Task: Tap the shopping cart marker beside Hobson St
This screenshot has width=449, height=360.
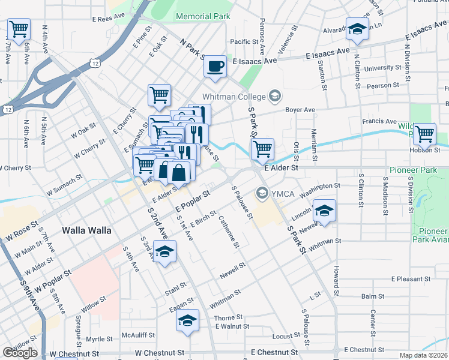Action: coord(425,134)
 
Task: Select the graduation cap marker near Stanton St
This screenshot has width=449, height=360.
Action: coord(357,29)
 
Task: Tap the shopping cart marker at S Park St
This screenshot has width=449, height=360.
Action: coord(262,149)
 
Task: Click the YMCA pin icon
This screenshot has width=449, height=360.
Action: coord(262,193)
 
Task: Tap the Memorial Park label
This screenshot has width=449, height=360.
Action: coord(203,17)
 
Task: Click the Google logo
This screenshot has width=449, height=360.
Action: coord(20,353)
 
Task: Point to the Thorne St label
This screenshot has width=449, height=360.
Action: coord(228,317)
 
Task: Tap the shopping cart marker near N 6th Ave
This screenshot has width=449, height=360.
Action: coord(19,28)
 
